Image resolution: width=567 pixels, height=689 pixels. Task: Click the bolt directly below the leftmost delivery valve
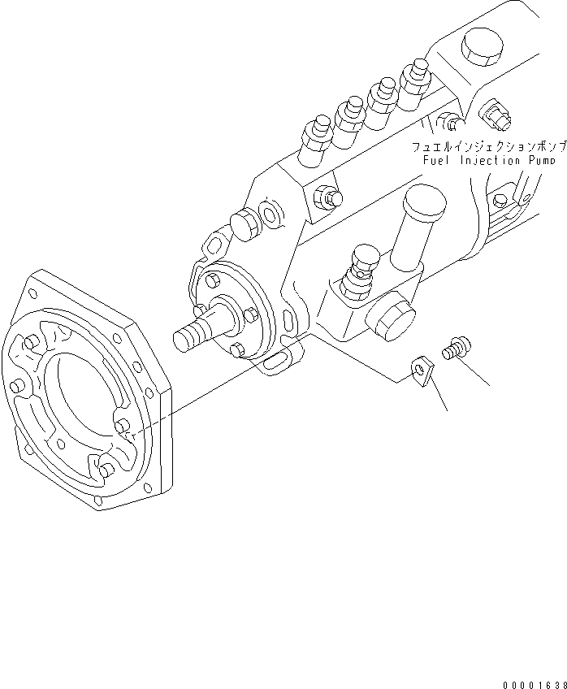[330, 196]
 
